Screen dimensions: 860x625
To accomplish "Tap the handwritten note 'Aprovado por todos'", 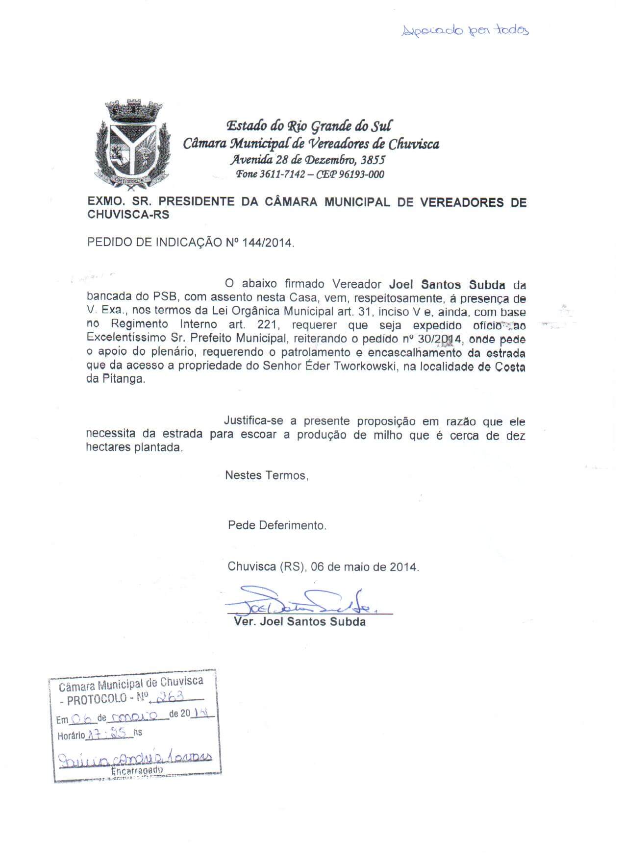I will point(465,31).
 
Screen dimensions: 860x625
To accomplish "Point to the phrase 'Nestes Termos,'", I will point(267,475).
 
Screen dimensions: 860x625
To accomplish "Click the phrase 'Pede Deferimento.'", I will point(277,525).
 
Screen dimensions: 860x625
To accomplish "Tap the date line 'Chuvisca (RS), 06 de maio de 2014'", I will point(323,567).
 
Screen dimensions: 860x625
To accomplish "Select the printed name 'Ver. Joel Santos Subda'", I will point(300,622).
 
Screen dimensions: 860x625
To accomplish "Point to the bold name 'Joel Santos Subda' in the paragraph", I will point(447,284).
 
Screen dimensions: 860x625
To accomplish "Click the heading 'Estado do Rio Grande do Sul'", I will point(309,126).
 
